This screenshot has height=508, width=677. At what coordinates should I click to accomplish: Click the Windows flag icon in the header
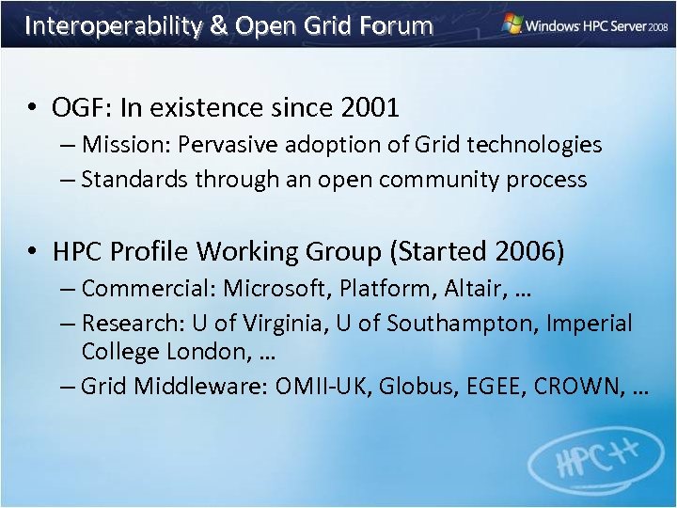point(512,24)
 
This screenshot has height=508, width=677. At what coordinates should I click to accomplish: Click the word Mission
point(122,145)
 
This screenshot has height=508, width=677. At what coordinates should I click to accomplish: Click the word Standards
point(134,179)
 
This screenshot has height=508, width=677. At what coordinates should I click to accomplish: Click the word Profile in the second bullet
point(150,252)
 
